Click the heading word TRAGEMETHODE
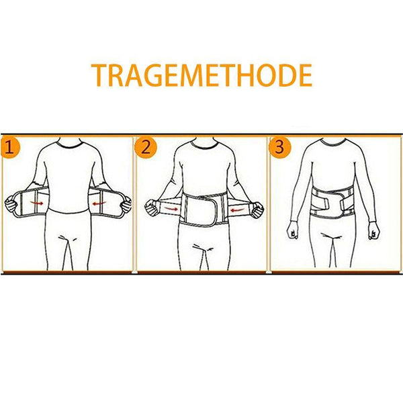point(201,75)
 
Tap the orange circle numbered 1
point(10,148)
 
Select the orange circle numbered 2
point(146,148)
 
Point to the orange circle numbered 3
point(280,147)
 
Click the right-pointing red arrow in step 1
point(37,204)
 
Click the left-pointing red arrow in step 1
point(99,204)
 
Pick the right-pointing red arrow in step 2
point(171,209)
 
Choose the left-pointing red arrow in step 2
point(238,210)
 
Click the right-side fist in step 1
point(126,205)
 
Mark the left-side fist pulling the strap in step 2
point(152,208)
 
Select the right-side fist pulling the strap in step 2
point(257,210)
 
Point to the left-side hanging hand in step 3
point(293,230)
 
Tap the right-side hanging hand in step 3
point(373,230)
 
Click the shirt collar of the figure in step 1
point(69,144)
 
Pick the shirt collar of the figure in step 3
point(334,142)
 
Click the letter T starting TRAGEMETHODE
point(99,75)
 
